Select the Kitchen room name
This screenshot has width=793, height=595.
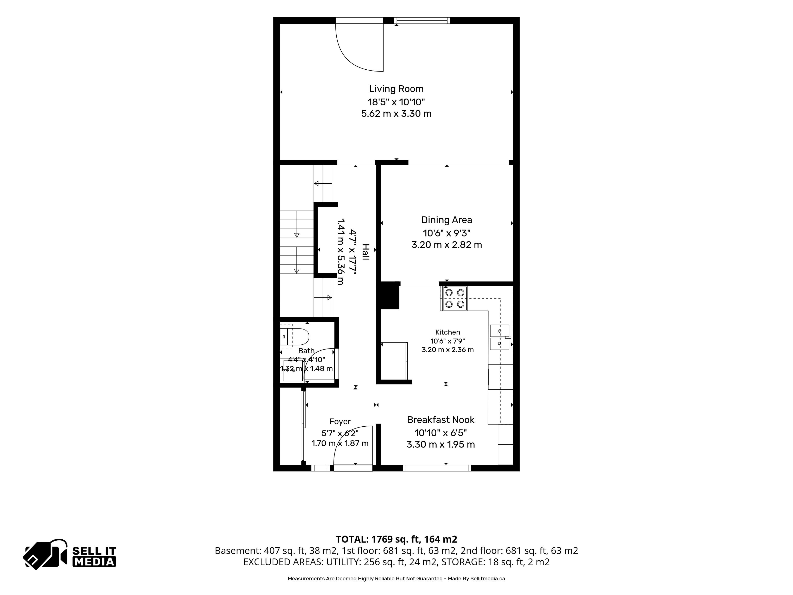(448, 332)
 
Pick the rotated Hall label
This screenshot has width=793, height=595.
(365, 252)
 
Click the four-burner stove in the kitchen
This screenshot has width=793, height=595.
(454, 298)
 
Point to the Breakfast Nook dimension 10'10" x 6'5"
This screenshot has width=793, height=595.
(441, 433)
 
